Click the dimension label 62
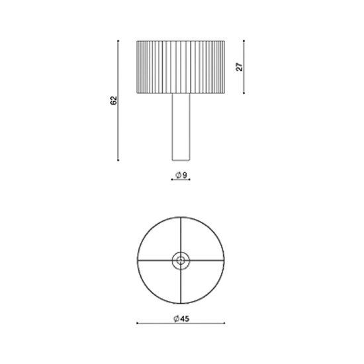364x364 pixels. coord(114,101)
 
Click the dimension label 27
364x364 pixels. coord(239,67)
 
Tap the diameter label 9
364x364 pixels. coord(185,175)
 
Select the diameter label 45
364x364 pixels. coord(185,319)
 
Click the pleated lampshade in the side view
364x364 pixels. coord(181,67)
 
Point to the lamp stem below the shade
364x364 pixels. coord(181,127)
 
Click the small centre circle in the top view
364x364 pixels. coord(181,261)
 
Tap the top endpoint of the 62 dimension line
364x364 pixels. coord(118,40)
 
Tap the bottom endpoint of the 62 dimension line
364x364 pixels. coord(118,160)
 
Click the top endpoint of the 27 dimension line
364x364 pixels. coord(244,40)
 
